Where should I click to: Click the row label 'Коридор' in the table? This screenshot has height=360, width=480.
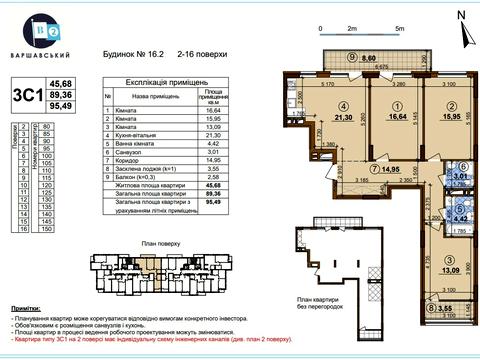[128, 159]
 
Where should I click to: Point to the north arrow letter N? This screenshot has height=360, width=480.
[458, 13]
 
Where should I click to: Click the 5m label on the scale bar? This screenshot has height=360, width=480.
[398, 31]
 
